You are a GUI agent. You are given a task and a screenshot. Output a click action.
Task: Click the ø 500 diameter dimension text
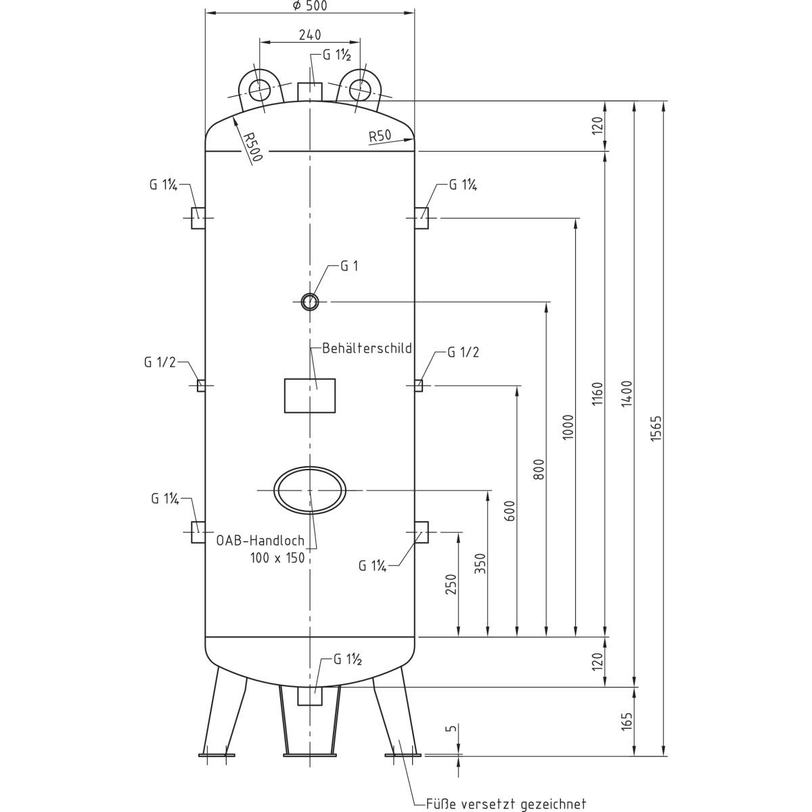point(309,6)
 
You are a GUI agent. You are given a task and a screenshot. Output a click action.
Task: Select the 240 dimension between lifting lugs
point(309,35)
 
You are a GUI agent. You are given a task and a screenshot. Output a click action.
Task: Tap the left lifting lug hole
point(258,89)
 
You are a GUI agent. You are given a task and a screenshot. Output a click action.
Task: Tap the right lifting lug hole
point(361,88)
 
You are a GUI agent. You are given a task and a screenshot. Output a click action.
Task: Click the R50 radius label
point(380,135)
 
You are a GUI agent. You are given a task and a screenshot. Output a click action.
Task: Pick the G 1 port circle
point(310,300)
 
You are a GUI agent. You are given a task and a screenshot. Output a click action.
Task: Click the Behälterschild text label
point(367,349)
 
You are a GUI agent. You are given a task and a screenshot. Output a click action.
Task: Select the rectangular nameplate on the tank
point(310,396)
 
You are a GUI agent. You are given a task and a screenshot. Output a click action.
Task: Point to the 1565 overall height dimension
point(655,428)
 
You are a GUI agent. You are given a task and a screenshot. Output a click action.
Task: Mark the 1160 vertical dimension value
point(596,394)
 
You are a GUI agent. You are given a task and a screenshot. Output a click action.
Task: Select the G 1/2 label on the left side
point(160,362)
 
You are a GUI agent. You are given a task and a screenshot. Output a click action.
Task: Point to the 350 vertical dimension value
point(480,564)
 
